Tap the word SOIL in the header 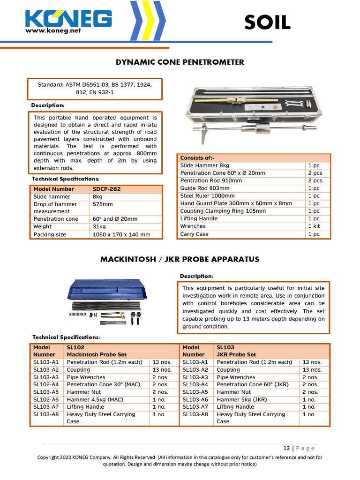click(267, 22)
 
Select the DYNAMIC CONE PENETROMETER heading click(180, 62)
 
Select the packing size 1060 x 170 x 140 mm click(121, 234)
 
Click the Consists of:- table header click(197, 158)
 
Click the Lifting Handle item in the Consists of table click(199, 218)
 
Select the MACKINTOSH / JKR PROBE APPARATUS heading click(180, 259)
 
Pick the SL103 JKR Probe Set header click(236, 351)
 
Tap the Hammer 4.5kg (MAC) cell click(92, 399)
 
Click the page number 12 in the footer click(286, 448)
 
